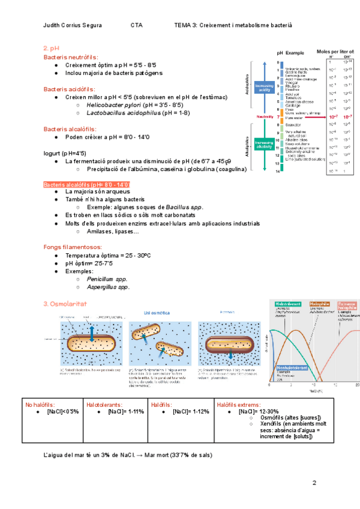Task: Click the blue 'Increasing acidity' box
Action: click(x=265, y=88)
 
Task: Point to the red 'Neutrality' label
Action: click(x=264, y=116)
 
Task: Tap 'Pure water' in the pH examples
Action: click(x=294, y=118)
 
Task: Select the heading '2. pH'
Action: click(x=51, y=47)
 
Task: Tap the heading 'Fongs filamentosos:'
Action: click(x=73, y=247)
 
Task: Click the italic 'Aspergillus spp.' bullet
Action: click(x=108, y=287)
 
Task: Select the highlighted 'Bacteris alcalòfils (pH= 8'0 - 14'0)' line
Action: click(x=87, y=184)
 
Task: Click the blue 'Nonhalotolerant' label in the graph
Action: click(x=293, y=368)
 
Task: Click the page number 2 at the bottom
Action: click(x=313, y=483)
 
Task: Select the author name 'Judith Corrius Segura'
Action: click(x=73, y=25)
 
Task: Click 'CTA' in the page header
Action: click(x=136, y=25)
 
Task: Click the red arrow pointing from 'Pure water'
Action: click(x=318, y=118)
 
